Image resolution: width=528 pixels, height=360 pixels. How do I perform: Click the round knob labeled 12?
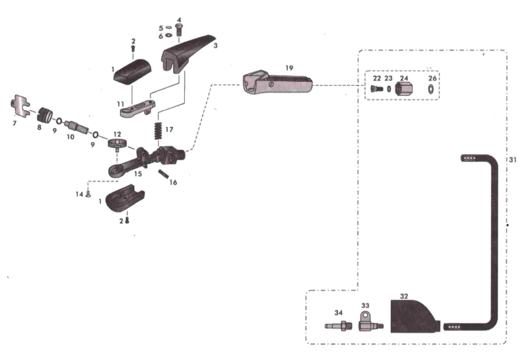click(x=117, y=144)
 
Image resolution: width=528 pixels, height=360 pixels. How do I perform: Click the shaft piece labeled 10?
click(x=75, y=126)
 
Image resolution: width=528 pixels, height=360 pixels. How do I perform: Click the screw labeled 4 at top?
click(x=180, y=28)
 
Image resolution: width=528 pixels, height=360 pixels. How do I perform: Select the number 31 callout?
click(x=514, y=160)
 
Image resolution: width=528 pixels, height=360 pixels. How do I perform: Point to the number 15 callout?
click(x=138, y=175)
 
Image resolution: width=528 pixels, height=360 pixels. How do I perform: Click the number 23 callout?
click(x=389, y=78)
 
